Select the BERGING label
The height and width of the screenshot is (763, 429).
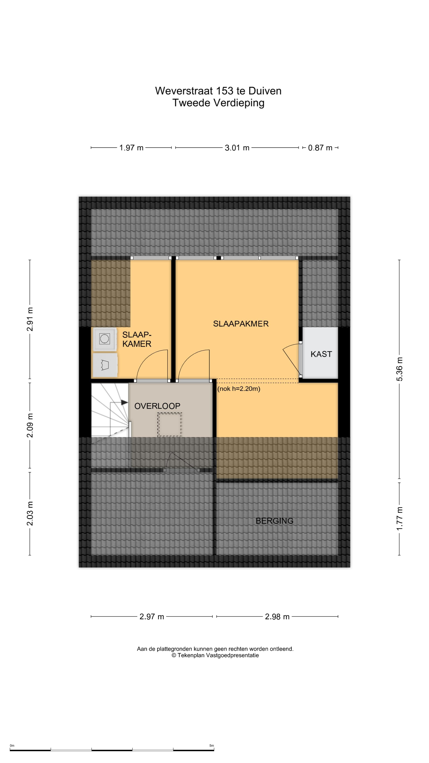click(274, 521)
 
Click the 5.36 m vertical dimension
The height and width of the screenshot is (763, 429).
click(399, 369)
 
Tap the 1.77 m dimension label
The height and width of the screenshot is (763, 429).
click(399, 519)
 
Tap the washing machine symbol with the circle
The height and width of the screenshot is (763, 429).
click(104, 339)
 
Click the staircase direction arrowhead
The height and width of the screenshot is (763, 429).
click(124, 403)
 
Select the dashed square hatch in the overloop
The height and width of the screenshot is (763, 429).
click(169, 424)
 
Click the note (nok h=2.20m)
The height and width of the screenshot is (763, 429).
click(239, 389)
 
